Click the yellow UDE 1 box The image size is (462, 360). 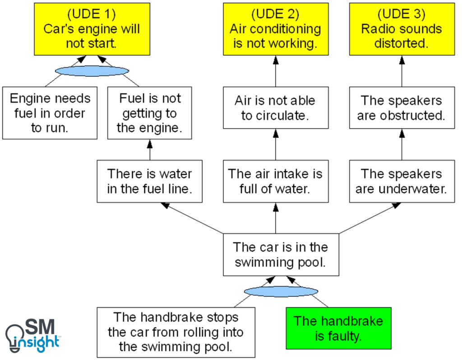[x=92, y=29]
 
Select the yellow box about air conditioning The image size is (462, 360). [x=275, y=29]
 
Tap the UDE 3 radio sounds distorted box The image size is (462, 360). [x=402, y=29]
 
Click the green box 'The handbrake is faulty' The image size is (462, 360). [x=338, y=328]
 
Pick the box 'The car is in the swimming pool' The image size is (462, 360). [x=281, y=254]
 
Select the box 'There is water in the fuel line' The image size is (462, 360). [x=150, y=181]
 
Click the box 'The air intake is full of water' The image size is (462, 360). [x=275, y=181]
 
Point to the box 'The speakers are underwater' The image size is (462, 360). [x=402, y=181]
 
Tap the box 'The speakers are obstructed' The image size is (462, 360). [x=402, y=108]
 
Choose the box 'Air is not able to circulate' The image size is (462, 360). [x=275, y=108]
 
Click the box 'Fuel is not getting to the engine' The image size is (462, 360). [x=150, y=113]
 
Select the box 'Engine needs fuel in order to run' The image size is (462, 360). [x=50, y=113]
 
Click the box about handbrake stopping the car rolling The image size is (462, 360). [x=176, y=332]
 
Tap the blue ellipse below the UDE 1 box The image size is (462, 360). [x=92, y=71]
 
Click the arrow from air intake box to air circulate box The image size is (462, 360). [x=275, y=144]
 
